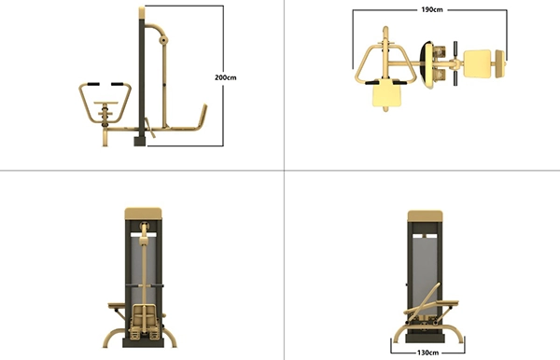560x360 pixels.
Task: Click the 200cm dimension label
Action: pyautogui.click(x=225, y=77)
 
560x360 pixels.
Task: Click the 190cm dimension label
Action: pyautogui.click(x=432, y=9)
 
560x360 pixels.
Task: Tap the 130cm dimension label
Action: pyautogui.click(x=427, y=353)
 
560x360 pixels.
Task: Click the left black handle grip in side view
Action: pyautogui.click(x=93, y=84)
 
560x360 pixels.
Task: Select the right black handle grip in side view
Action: pyautogui.click(x=118, y=84)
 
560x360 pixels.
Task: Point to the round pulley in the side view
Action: pyautogui.click(x=163, y=40)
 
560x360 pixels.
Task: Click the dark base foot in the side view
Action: pyautogui.click(x=140, y=141)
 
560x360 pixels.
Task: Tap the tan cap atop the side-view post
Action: pyautogui.click(x=142, y=13)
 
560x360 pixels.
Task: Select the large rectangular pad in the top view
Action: pyautogui.click(x=477, y=63)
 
